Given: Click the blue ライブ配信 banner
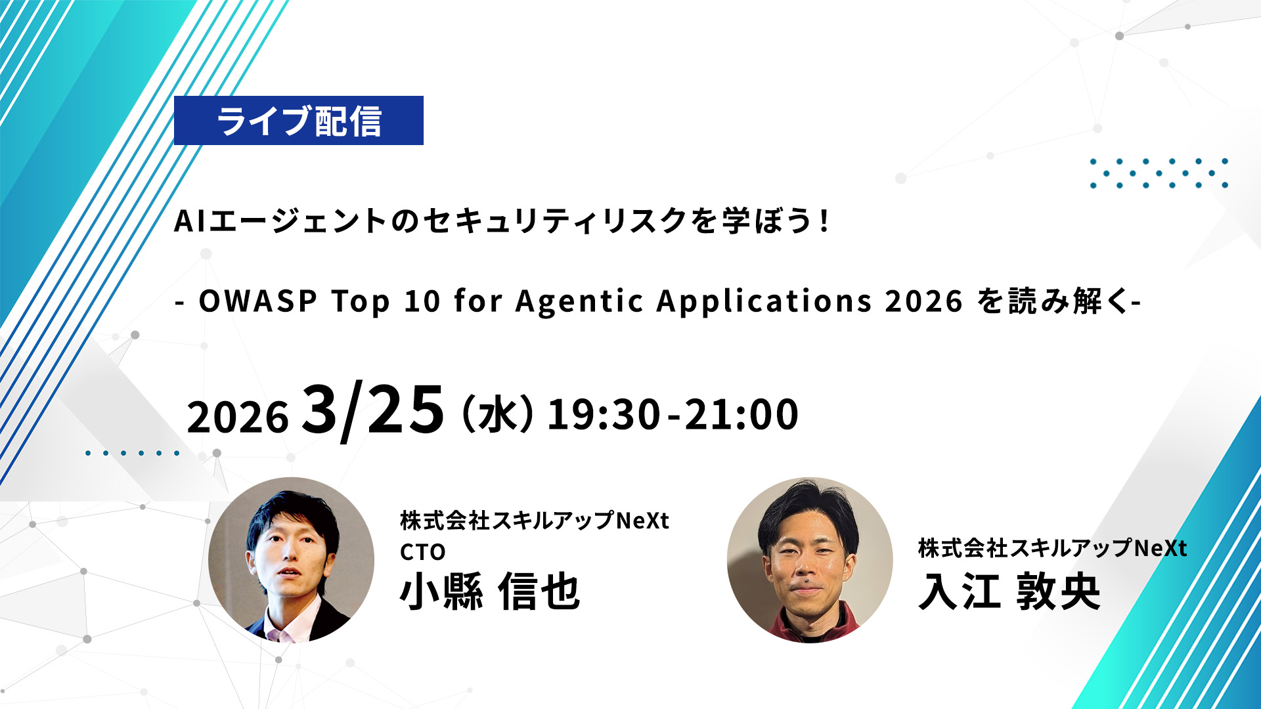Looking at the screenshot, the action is pyautogui.click(x=299, y=120).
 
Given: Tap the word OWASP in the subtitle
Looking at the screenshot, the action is pyautogui.click(x=258, y=301).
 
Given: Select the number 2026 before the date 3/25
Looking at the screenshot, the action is pyautogui.click(x=238, y=417).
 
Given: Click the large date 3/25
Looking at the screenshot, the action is pyautogui.click(x=373, y=410).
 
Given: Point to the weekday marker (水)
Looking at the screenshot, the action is pyautogui.click(x=498, y=414).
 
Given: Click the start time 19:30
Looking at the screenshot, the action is pyautogui.click(x=604, y=415).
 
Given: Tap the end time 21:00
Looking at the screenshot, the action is pyautogui.click(x=741, y=415).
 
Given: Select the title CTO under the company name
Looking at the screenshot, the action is pyautogui.click(x=423, y=552).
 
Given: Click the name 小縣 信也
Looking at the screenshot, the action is pyautogui.click(x=490, y=591).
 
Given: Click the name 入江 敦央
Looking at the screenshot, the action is pyautogui.click(x=1009, y=591).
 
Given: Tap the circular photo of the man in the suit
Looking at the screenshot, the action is pyautogui.click(x=291, y=560).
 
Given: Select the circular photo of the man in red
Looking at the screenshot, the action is pyautogui.click(x=810, y=560).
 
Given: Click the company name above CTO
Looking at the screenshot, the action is pyautogui.click(x=535, y=521).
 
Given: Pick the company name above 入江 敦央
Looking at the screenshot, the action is pyautogui.click(x=1053, y=548).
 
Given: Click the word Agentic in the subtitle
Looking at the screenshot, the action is pyautogui.click(x=579, y=302).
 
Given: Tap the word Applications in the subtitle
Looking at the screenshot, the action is pyautogui.click(x=764, y=302).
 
